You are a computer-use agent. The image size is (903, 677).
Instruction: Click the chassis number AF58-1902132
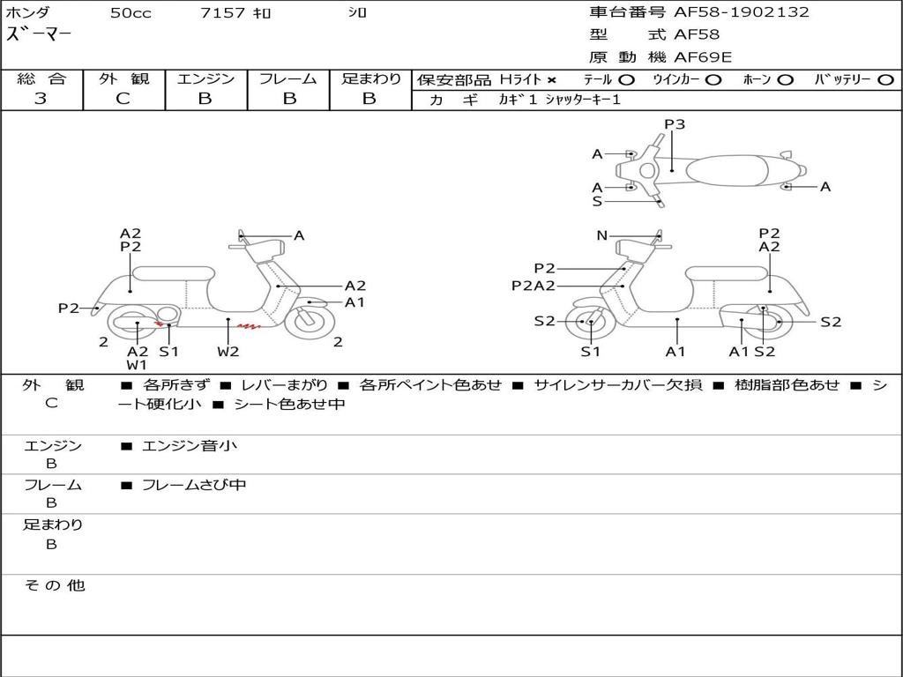click(728, 12)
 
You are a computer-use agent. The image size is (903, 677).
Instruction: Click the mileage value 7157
click(225, 13)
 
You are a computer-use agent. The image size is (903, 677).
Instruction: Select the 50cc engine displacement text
click(131, 13)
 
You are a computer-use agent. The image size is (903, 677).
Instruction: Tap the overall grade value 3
click(41, 99)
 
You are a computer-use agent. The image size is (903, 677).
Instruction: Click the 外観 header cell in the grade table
click(123, 78)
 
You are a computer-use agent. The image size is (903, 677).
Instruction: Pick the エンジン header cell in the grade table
click(205, 78)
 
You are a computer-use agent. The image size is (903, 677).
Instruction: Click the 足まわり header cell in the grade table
click(370, 78)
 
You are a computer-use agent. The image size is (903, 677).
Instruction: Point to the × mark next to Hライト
click(551, 80)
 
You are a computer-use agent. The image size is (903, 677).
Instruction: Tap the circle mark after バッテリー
click(885, 80)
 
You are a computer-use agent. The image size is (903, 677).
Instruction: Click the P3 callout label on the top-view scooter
click(675, 124)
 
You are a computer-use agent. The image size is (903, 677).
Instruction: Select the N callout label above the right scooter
click(601, 235)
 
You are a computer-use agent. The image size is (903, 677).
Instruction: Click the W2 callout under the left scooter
click(228, 352)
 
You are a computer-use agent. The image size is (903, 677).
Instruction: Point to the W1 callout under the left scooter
click(137, 364)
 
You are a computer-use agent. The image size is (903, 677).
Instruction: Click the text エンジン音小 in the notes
click(190, 446)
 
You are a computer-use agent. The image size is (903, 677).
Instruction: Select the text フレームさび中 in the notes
click(194, 485)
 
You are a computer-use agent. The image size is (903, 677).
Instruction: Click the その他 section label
click(54, 585)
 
